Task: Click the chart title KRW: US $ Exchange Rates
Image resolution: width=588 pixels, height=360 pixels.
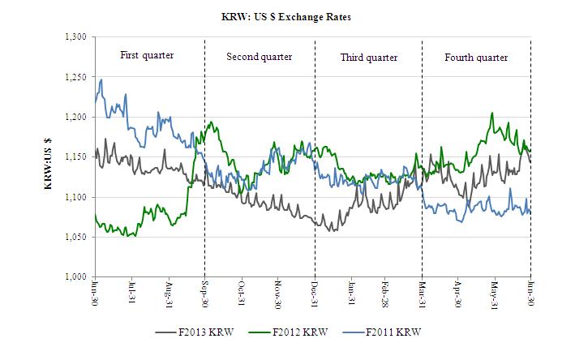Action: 294,16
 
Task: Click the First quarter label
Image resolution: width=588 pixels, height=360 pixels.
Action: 147,55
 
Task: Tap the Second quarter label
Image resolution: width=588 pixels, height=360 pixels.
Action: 259,57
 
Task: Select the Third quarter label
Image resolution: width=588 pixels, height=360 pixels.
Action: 369,57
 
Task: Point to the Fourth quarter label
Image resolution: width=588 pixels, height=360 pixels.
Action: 476,57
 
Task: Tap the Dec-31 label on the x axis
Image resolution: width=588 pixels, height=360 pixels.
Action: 315,293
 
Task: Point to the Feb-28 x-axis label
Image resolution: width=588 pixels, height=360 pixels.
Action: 387,293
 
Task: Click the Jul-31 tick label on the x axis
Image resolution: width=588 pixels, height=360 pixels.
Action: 132,293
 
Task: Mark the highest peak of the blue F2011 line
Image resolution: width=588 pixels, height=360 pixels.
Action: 101,79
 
